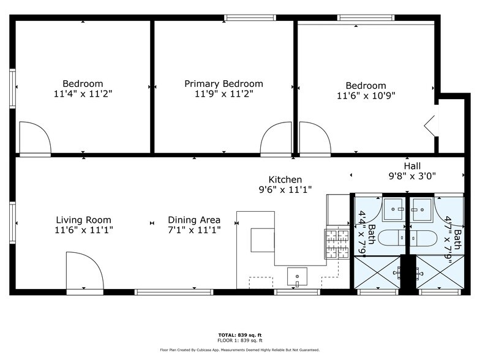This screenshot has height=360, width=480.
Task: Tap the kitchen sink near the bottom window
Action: click(x=298, y=277)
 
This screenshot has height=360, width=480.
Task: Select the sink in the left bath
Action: click(x=393, y=209)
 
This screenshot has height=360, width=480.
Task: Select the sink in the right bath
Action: click(x=421, y=209)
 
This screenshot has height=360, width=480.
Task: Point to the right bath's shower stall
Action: click(x=437, y=272)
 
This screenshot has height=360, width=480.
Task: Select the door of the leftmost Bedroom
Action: click(x=34, y=138)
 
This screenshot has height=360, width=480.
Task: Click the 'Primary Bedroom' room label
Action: click(x=223, y=84)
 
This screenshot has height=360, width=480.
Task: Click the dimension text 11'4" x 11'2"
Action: click(x=83, y=94)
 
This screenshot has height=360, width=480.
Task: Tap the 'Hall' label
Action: click(x=412, y=166)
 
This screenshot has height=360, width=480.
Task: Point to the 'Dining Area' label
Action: click(x=194, y=220)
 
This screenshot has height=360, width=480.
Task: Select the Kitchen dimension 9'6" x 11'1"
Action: click(x=285, y=190)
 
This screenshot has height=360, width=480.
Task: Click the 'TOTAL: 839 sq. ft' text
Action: click(x=240, y=335)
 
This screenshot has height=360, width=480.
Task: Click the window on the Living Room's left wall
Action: click(x=12, y=223)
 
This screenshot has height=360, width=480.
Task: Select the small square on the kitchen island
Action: click(x=262, y=239)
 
